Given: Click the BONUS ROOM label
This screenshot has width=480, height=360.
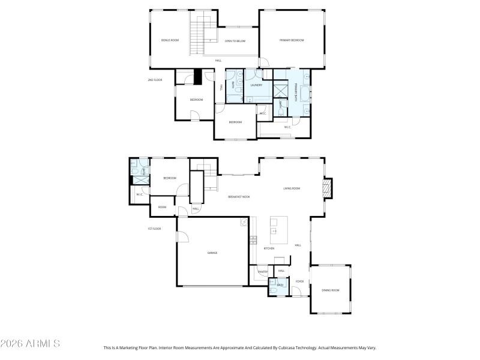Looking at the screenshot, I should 170,40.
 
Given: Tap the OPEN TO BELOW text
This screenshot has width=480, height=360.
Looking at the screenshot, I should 235,41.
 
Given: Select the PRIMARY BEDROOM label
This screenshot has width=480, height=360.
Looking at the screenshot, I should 292,40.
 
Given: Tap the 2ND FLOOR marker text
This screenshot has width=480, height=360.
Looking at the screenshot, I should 155,80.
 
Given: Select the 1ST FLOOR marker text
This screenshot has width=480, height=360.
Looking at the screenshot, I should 155,229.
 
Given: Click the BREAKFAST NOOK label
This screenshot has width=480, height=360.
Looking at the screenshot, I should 239,197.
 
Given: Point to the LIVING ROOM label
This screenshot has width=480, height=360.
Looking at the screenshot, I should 292,188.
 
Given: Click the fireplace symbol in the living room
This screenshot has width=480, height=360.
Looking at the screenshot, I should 327,190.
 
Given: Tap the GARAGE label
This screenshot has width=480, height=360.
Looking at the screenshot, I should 212,253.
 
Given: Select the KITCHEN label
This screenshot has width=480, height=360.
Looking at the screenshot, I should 269,248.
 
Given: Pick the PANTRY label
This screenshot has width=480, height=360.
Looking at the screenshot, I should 262,272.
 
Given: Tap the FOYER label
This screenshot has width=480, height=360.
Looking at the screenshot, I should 299,281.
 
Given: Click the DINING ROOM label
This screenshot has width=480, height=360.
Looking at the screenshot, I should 331,290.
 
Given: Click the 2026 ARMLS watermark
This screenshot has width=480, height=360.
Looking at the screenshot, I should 30,344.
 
